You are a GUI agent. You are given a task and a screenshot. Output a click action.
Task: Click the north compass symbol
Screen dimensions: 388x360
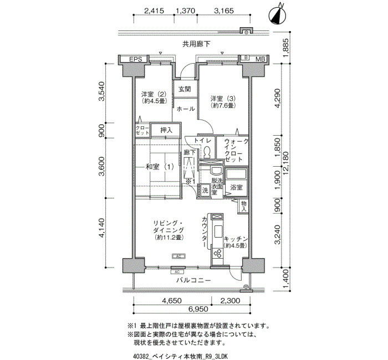277,15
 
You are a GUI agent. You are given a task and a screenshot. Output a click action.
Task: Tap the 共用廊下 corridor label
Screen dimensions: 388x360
196,44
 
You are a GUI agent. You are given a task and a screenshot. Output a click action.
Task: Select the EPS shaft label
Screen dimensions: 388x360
136,59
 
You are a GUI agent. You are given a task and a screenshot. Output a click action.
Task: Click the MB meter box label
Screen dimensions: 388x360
261,59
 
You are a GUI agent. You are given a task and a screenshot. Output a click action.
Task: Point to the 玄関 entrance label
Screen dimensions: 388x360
185,89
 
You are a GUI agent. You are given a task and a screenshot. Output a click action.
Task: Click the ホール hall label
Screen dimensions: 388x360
186,109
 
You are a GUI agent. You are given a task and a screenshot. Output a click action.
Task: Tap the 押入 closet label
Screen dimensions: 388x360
166,130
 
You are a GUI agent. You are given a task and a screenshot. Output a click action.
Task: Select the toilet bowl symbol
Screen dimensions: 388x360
207,152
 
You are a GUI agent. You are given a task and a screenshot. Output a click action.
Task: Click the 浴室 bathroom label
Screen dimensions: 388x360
236,187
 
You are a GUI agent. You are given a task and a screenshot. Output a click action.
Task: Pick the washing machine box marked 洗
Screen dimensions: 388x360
206,191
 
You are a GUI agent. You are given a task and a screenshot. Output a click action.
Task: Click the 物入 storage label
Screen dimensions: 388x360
244,207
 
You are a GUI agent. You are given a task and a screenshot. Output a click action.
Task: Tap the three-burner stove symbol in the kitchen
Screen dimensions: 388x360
218,253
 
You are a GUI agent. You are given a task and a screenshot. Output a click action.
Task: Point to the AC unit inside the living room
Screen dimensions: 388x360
178,256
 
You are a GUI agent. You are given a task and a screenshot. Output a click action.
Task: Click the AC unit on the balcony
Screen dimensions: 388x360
177,272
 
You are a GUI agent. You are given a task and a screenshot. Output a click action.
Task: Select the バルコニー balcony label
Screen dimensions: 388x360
194,280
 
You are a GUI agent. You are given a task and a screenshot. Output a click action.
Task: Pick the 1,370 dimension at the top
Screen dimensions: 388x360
185,11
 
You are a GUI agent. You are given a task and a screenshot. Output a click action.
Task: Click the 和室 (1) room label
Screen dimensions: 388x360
160,167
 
